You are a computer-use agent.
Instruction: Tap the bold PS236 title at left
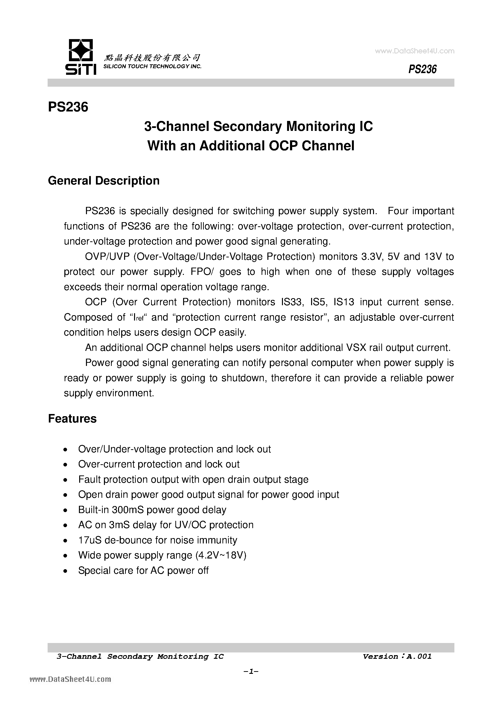(68, 107)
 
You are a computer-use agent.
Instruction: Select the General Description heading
(104, 181)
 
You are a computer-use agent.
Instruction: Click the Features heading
(72, 418)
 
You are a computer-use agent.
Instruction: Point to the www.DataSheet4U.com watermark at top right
(415, 51)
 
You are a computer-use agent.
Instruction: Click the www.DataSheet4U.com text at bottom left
(70, 679)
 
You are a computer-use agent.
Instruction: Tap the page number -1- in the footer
(251, 671)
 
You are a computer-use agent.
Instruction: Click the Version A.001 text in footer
(397, 656)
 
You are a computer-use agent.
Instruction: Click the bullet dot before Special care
(65, 571)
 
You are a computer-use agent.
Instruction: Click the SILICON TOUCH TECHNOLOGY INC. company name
(152, 67)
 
